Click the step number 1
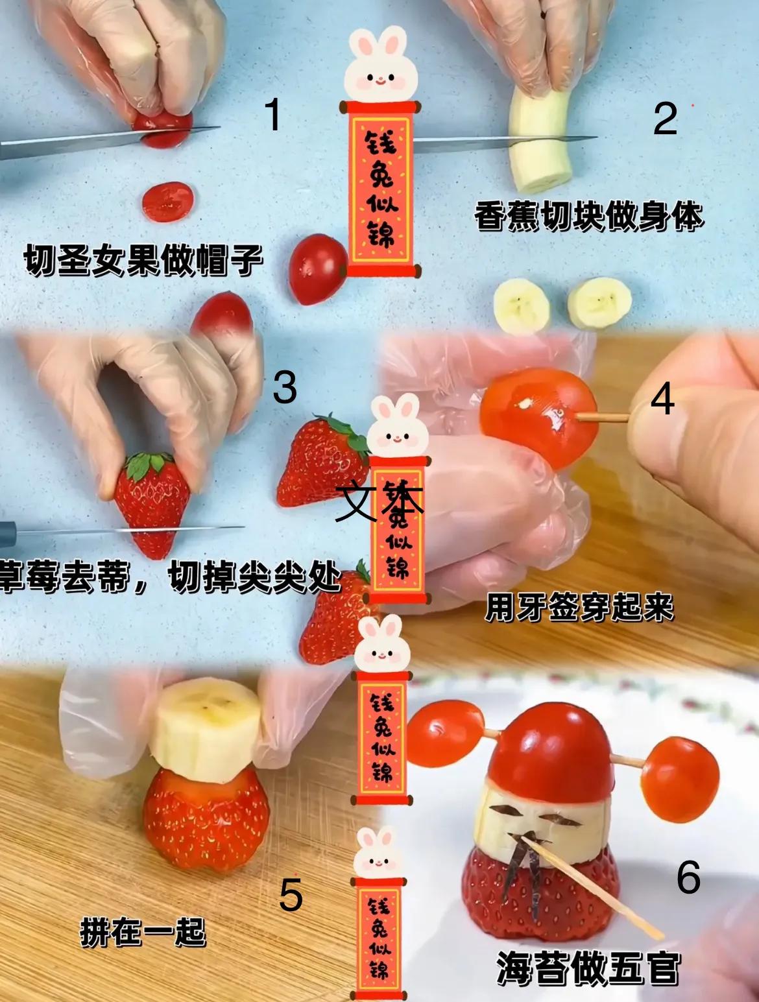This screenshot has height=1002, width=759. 273,115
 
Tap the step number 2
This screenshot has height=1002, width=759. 665,119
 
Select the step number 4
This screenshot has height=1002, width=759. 662,400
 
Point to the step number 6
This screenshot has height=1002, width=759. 688,878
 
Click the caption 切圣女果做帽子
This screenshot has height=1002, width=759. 143,260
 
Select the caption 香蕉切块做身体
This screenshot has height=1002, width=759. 588,217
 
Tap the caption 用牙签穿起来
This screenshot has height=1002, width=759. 579,608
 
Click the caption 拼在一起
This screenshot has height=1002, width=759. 143,933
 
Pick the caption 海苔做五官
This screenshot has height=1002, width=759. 588,969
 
